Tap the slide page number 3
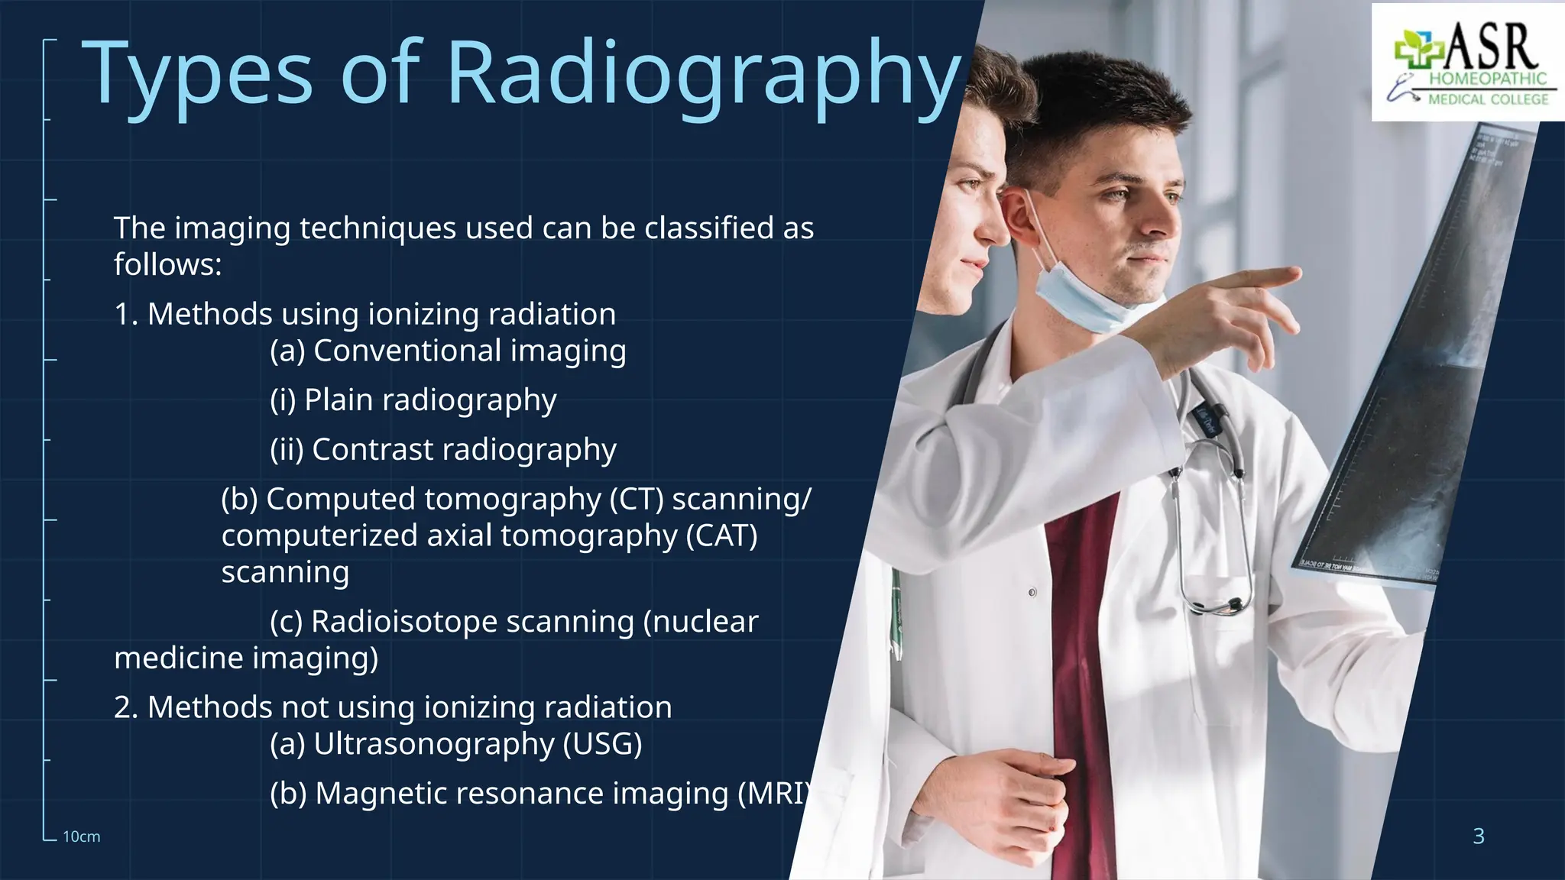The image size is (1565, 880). tap(1479, 836)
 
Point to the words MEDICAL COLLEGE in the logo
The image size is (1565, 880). tap(1488, 99)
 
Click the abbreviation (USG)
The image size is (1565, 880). tap(602, 743)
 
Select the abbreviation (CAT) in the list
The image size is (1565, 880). tap(721, 535)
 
